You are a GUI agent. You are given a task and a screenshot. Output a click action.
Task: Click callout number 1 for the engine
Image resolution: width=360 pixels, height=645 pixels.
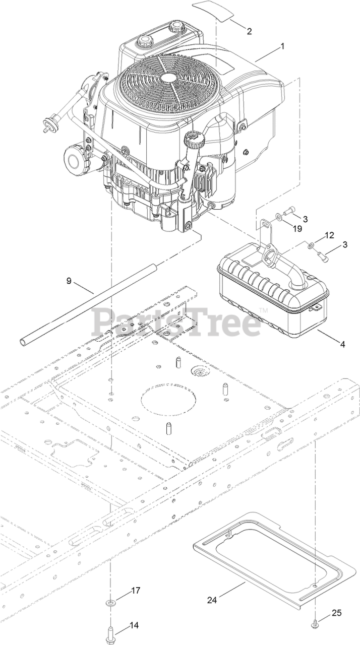(x=283, y=46)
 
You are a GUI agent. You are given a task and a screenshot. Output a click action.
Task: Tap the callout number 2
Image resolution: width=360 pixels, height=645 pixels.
(x=249, y=31)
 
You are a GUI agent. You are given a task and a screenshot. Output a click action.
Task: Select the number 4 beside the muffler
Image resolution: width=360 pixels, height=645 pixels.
(x=342, y=345)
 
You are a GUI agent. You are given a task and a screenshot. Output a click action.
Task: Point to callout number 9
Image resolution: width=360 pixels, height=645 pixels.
(x=69, y=280)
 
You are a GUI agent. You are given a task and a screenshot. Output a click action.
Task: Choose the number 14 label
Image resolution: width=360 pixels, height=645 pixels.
(x=134, y=625)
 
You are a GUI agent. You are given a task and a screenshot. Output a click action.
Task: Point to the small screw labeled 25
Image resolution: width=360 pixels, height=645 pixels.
(x=315, y=623)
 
